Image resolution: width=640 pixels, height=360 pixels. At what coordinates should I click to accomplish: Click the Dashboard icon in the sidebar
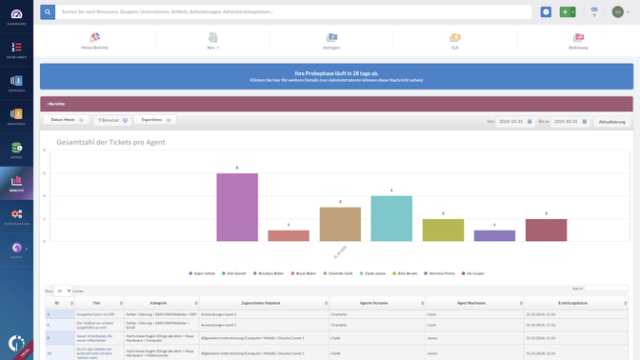coord(16,14)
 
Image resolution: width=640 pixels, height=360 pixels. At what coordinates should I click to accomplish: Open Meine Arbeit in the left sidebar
coord(16,48)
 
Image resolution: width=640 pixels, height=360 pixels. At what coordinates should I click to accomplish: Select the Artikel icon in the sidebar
coord(16,148)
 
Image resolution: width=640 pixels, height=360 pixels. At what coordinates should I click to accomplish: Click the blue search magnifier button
coord(48,12)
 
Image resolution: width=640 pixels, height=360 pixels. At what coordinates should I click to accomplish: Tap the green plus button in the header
coord(568,12)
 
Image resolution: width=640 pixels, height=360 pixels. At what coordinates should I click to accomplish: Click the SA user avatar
coord(617,12)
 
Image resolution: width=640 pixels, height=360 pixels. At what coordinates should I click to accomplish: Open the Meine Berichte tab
coord(95,40)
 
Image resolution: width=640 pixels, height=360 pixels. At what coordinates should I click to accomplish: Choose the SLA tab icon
coord(455,40)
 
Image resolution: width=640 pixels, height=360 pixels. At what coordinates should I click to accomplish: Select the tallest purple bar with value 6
coord(237,207)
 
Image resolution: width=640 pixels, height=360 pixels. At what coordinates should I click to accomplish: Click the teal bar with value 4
coord(391,218)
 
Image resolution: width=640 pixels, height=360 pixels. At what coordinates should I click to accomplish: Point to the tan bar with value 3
coord(340,224)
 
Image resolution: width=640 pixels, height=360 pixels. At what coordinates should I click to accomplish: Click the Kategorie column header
coord(158,303)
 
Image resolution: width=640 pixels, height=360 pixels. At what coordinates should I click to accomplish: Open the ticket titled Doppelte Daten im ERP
coord(96,312)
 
